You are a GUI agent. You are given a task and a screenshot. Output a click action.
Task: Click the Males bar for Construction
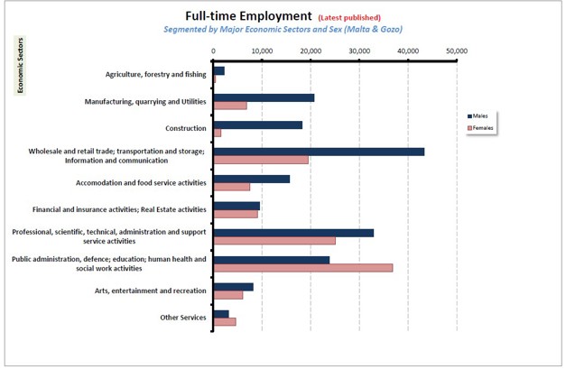257,125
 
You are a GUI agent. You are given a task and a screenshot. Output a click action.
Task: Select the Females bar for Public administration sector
302,268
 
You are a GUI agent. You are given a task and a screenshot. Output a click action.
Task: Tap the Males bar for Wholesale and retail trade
319,152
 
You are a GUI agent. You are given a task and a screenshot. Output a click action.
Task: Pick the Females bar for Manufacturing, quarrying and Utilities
229,106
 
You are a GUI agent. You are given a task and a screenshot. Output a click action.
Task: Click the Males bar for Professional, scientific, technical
293,233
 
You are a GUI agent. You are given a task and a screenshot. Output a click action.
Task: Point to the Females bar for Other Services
224,321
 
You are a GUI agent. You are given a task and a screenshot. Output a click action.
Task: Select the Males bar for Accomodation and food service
251,179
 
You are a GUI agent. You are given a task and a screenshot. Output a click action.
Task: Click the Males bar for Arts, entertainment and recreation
233,287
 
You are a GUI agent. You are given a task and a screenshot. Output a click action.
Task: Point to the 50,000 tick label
456,51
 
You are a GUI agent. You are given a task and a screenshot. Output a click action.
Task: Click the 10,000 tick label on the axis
261,51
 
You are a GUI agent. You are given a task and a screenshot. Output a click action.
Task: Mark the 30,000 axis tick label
358,51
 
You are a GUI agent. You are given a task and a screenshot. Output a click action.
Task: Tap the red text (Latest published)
349,17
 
